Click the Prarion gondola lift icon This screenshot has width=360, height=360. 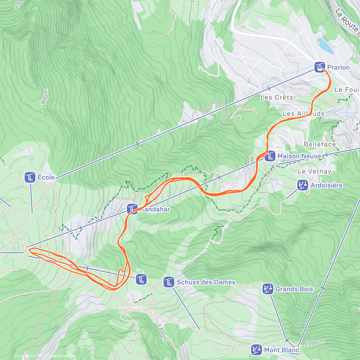coord(320,67)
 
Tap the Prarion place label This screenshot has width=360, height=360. coord(338,67)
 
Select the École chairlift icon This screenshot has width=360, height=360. coord(30,177)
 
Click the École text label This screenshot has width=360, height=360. coord(46,177)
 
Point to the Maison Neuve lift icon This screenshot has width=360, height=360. coord(270,156)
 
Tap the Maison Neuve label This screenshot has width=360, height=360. coord(299,156)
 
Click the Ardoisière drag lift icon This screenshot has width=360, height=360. coord(302,185)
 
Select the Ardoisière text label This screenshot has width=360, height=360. coord(326,185)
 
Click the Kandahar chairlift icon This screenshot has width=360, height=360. coord(132,209)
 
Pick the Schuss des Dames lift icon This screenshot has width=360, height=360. coord(169,282)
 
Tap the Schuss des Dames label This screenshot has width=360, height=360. coord(206,282)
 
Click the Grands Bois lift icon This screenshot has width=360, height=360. coord(268,289)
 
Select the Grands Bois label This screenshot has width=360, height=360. coord(294,289)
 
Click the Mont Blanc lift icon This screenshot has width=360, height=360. coord(256,350)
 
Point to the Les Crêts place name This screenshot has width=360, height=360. coord(277,97)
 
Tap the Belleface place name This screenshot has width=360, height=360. coord(320,144)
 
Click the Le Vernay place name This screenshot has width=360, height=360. coord(314,171)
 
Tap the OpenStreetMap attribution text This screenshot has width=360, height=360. coord(63,356)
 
